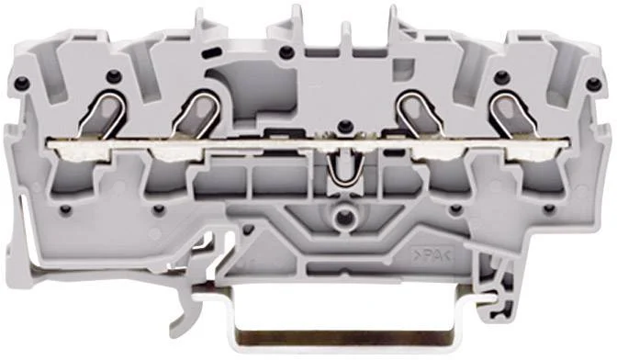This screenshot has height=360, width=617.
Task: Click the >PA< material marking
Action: tap(432, 257)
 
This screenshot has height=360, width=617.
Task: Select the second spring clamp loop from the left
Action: tap(196, 115)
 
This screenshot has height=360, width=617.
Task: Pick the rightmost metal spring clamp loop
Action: tap(513, 115)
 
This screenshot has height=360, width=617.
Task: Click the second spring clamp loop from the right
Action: tap(421, 115)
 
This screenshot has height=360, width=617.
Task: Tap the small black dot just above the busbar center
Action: tap(345, 126)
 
